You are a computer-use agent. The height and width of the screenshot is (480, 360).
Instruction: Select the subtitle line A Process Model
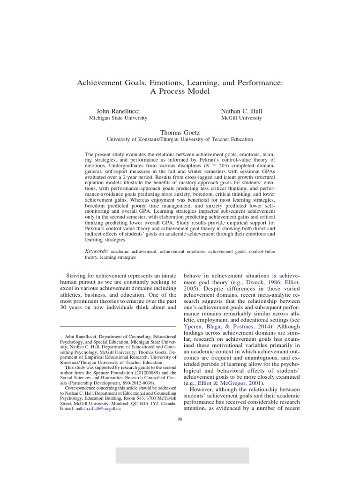tap(180, 91)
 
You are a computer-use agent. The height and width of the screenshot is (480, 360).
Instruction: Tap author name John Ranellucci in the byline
tap(114, 111)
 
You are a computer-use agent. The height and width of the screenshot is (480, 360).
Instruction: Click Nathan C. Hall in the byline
tap(241, 111)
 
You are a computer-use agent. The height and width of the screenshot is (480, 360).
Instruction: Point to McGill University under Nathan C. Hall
tap(241, 118)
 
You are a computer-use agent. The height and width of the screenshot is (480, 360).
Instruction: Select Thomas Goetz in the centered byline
tap(180, 133)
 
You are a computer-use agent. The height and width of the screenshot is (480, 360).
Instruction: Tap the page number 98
tap(180, 419)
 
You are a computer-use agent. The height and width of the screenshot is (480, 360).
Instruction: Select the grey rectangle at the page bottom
tap(182, 455)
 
